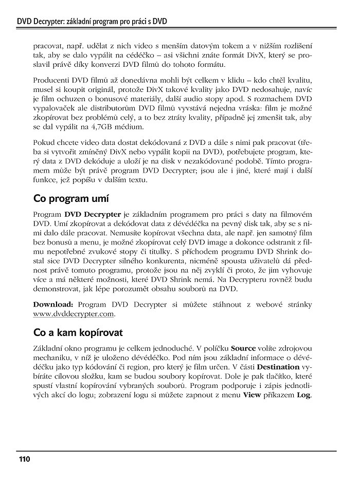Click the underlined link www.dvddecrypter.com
click(74, 313)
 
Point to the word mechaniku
click(50, 358)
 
